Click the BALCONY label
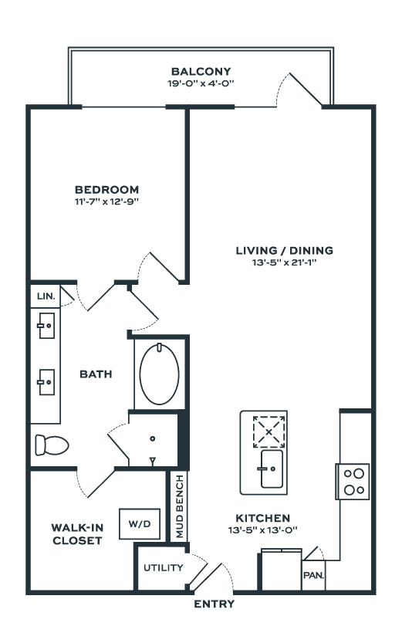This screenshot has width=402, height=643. coord(201,72)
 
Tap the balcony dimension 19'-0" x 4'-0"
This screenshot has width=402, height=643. coord(201,83)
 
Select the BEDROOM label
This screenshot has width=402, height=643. coord(106,189)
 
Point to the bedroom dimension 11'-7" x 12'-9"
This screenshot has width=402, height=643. coord(106,201)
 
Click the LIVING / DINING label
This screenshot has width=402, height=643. coord(285,250)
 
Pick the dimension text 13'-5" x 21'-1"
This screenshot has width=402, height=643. coord(285,262)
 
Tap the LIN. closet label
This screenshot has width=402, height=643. coord(46,296)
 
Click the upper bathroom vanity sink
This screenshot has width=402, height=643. coord(46,326)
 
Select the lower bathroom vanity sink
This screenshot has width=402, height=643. coord(46,382)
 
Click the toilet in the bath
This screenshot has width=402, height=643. coord(52,445)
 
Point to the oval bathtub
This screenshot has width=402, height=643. coord(159,374)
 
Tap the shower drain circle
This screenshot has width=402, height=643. coord(153,438)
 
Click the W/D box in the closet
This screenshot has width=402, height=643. coord(140,523)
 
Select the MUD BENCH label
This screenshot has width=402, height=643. coord(180,506)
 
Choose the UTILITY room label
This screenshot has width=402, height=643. coord(163,567)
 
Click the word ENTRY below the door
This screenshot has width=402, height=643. coord(214,604)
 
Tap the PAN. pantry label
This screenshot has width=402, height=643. coord(313,575)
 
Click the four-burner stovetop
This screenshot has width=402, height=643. coord(353,482)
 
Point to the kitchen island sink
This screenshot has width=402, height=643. coord(272,469)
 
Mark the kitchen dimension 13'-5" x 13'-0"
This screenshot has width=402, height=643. coord(262,530)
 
